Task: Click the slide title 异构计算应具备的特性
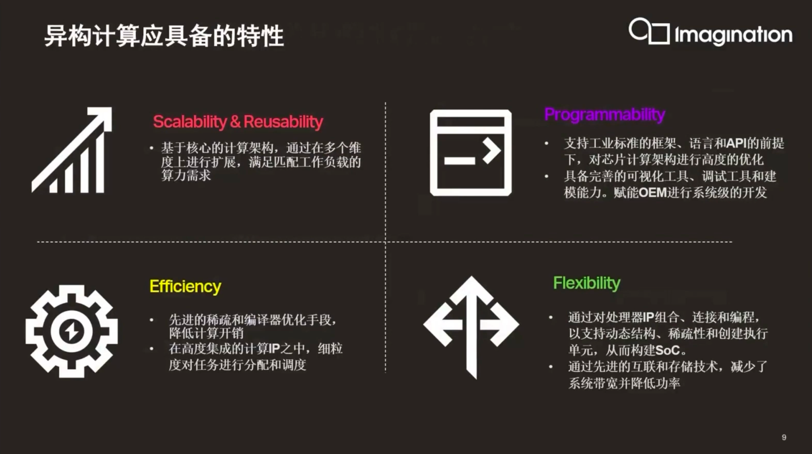(164, 36)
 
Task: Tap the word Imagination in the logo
(734, 35)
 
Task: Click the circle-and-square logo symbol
(649, 31)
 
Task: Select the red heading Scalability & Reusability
(238, 122)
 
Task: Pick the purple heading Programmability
(605, 115)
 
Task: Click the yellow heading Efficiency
(185, 286)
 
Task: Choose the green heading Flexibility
(586, 283)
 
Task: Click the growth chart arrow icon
(72, 150)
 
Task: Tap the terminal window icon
(471, 153)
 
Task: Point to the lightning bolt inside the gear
(72, 331)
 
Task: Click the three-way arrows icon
(471, 327)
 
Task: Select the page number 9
(784, 438)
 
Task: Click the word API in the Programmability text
(737, 143)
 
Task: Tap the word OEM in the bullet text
(652, 192)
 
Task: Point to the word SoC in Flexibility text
(668, 350)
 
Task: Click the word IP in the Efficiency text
(274, 349)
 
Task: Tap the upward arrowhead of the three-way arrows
(471, 290)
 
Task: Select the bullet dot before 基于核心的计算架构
(152, 148)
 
